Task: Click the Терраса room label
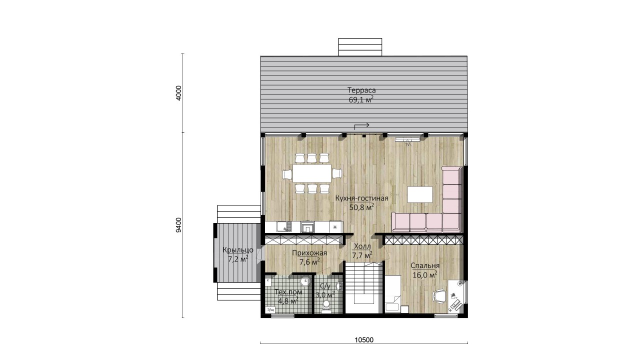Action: [x=361, y=90]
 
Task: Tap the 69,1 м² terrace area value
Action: [x=361, y=99]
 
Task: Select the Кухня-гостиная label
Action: [x=361, y=198]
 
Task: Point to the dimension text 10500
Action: [x=364, y=339]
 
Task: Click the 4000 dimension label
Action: [x=179, y=93]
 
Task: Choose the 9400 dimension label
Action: [x=179, y=225]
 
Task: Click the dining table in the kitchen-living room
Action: [x=312, y=173]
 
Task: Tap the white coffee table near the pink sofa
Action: [x=420, y=194]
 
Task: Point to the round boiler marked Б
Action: [x=305, y=281]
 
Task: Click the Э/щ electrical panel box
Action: [x=270, y=309]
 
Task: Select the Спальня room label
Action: [x=425, y=265]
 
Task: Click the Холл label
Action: [x=362, y=246]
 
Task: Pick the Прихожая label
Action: [x=309, y=253]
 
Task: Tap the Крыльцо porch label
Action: [x=238, y=250]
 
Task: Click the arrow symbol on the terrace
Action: [x=361, y=125]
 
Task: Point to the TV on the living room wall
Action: [x=407, y=139]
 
